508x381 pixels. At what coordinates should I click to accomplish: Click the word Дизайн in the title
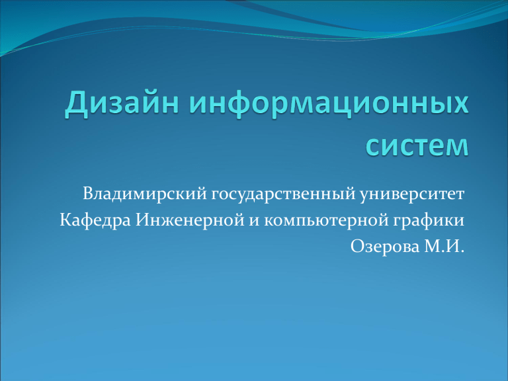[122, 103]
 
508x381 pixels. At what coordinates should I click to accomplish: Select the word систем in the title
[417, 146]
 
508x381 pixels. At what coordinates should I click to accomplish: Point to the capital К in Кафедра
[66, 220]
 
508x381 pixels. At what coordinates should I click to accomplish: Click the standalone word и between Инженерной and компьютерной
[254, 222]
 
